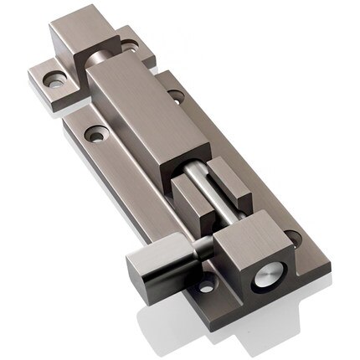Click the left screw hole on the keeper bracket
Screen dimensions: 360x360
point(55,80)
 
